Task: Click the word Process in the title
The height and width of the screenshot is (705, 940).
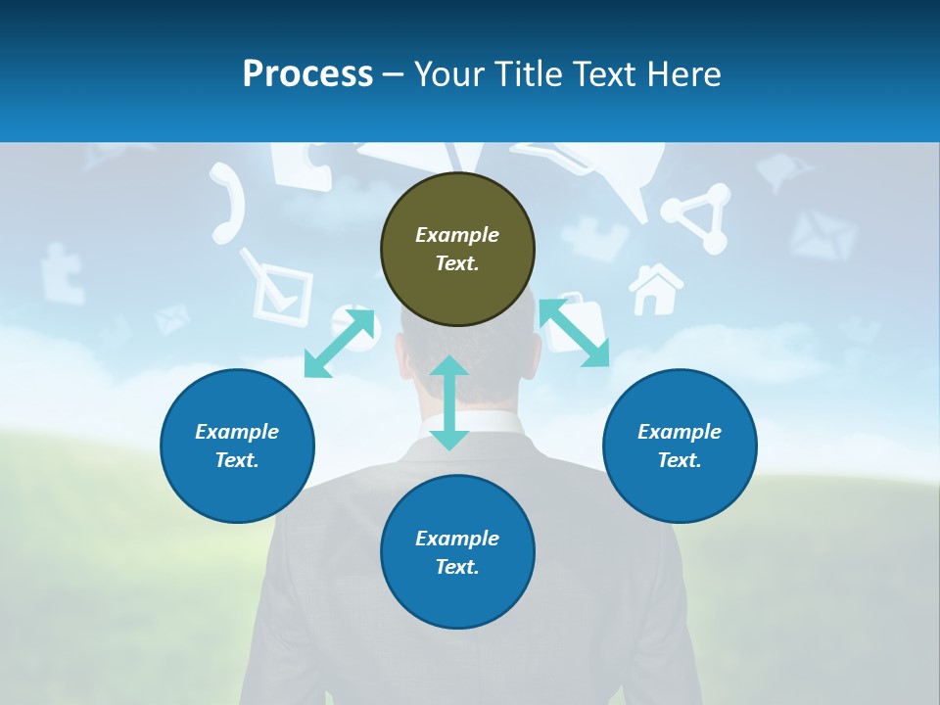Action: click(x=307, y=74)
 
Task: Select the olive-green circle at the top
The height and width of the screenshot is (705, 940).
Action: click(x=457, y=249)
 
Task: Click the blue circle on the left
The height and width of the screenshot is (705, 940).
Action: click(x=237, y=446)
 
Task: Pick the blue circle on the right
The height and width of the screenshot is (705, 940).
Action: click(x=680, y=446)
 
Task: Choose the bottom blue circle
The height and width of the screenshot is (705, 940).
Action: click(x=457, y=552)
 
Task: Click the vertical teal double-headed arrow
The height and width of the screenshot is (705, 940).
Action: click(x=449, y=402)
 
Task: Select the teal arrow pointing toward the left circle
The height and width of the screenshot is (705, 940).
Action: click(x=340, y=343)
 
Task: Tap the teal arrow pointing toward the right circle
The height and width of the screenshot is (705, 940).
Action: click(x=574, y=332)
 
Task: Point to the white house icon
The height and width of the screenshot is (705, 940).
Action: click(x=655, y=290)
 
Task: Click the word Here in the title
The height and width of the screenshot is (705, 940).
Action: click(x=685, y=74)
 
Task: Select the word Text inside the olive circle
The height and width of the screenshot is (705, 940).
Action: click(x=457, y=263)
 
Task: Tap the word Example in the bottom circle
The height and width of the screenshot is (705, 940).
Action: click(x=457, y=538)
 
